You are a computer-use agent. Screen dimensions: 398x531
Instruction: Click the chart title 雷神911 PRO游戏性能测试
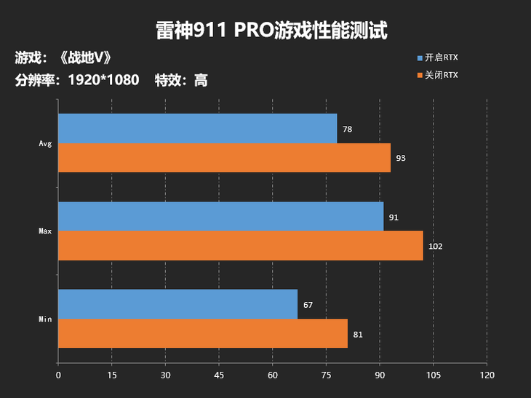click(x=271, y=30)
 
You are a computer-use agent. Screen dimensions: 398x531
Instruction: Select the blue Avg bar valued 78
click(x=197, y=129)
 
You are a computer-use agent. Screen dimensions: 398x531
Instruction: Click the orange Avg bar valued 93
click(x=224, y=158)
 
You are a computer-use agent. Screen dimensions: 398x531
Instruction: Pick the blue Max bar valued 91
click(x=220, y=217)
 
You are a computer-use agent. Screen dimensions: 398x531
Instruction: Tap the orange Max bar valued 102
click(x=240, y=246)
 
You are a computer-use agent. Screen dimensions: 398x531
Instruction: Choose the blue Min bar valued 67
click(x=177, y=304)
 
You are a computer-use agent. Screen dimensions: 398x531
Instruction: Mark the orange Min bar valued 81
click(x=202, y=333)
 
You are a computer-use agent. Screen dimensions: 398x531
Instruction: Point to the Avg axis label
click(x=45, y=143)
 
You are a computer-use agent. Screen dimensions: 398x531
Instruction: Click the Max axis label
click(x=45, y=231)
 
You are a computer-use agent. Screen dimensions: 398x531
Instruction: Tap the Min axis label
click(x=45, y=319)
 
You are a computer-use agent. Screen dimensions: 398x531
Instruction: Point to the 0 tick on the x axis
click(x=58, y=375)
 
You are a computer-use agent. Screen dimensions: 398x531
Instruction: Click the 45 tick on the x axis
click(x=219, y=375)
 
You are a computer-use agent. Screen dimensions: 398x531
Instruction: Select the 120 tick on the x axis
click(x=487, y=375)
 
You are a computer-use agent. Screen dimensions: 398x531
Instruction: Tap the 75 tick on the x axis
click(x=326, y=375)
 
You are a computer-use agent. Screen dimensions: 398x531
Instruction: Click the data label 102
click(x=435, y=247)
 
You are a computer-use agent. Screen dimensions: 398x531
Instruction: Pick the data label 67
click(x=308, y=305)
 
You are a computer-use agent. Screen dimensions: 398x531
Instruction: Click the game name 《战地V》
click(x=84, y=57)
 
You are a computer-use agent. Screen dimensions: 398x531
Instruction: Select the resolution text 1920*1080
click(x=103, y=80)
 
